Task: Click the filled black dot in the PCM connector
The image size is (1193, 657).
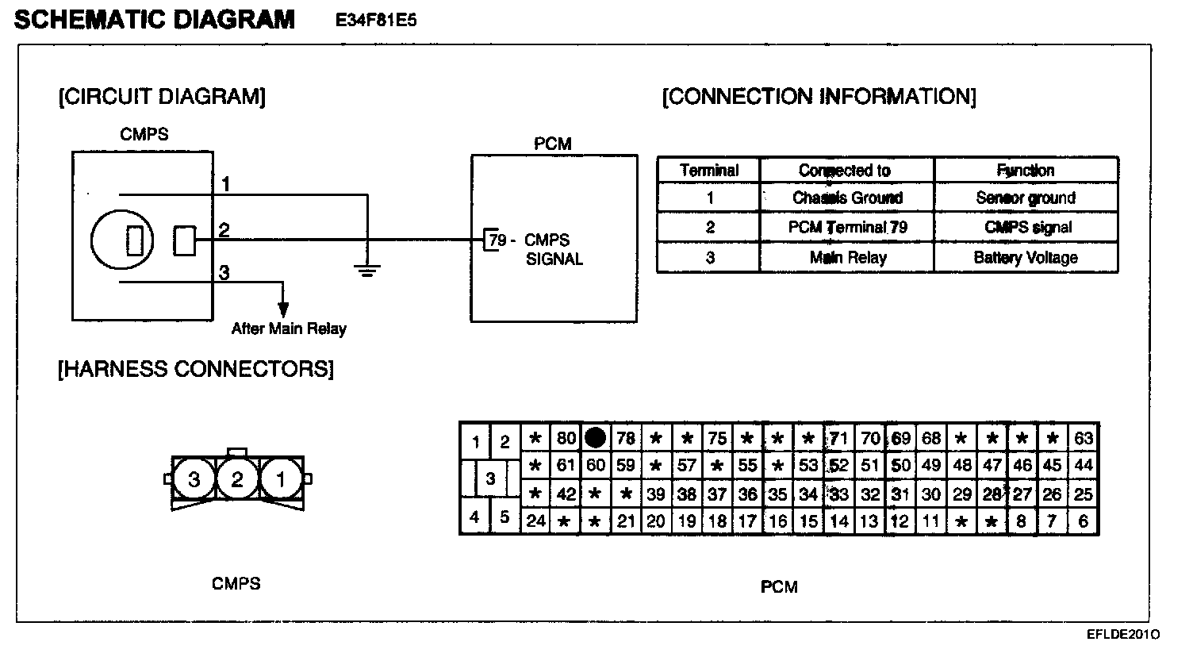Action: (x=595, y=437)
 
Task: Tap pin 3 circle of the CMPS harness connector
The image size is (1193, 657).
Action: (x=194, y=478)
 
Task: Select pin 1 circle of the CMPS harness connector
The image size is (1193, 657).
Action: (x=280, y=478)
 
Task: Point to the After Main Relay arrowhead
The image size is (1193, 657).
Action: (x=283, y=310)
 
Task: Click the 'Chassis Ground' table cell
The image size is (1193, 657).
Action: (x=847, y=198)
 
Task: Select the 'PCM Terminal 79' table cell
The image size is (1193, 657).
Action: (x=847, y=228)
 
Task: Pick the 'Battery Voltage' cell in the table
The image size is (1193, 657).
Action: (x=1026, y=257)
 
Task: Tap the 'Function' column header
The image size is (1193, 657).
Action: (x=1026, y=170)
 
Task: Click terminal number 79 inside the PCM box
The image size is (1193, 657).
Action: (x=497, y=240)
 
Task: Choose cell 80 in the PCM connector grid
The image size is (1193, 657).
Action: (x=566, y=437)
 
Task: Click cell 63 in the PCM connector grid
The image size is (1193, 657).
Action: (x=1084, y=437)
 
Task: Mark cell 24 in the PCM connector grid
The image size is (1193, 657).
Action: (x=536, y=521)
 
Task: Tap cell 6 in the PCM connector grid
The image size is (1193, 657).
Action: (x=1084, y=521)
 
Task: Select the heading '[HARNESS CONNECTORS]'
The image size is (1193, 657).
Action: (x=195, y=369)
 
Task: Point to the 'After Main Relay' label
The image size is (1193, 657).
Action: (x=289, y=328)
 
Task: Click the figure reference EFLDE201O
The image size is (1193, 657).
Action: (x=1124, y=635)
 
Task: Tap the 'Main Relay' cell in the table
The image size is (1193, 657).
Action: (x=847, y=257)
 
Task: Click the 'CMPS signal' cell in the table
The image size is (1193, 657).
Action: (x=1026, y=228)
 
